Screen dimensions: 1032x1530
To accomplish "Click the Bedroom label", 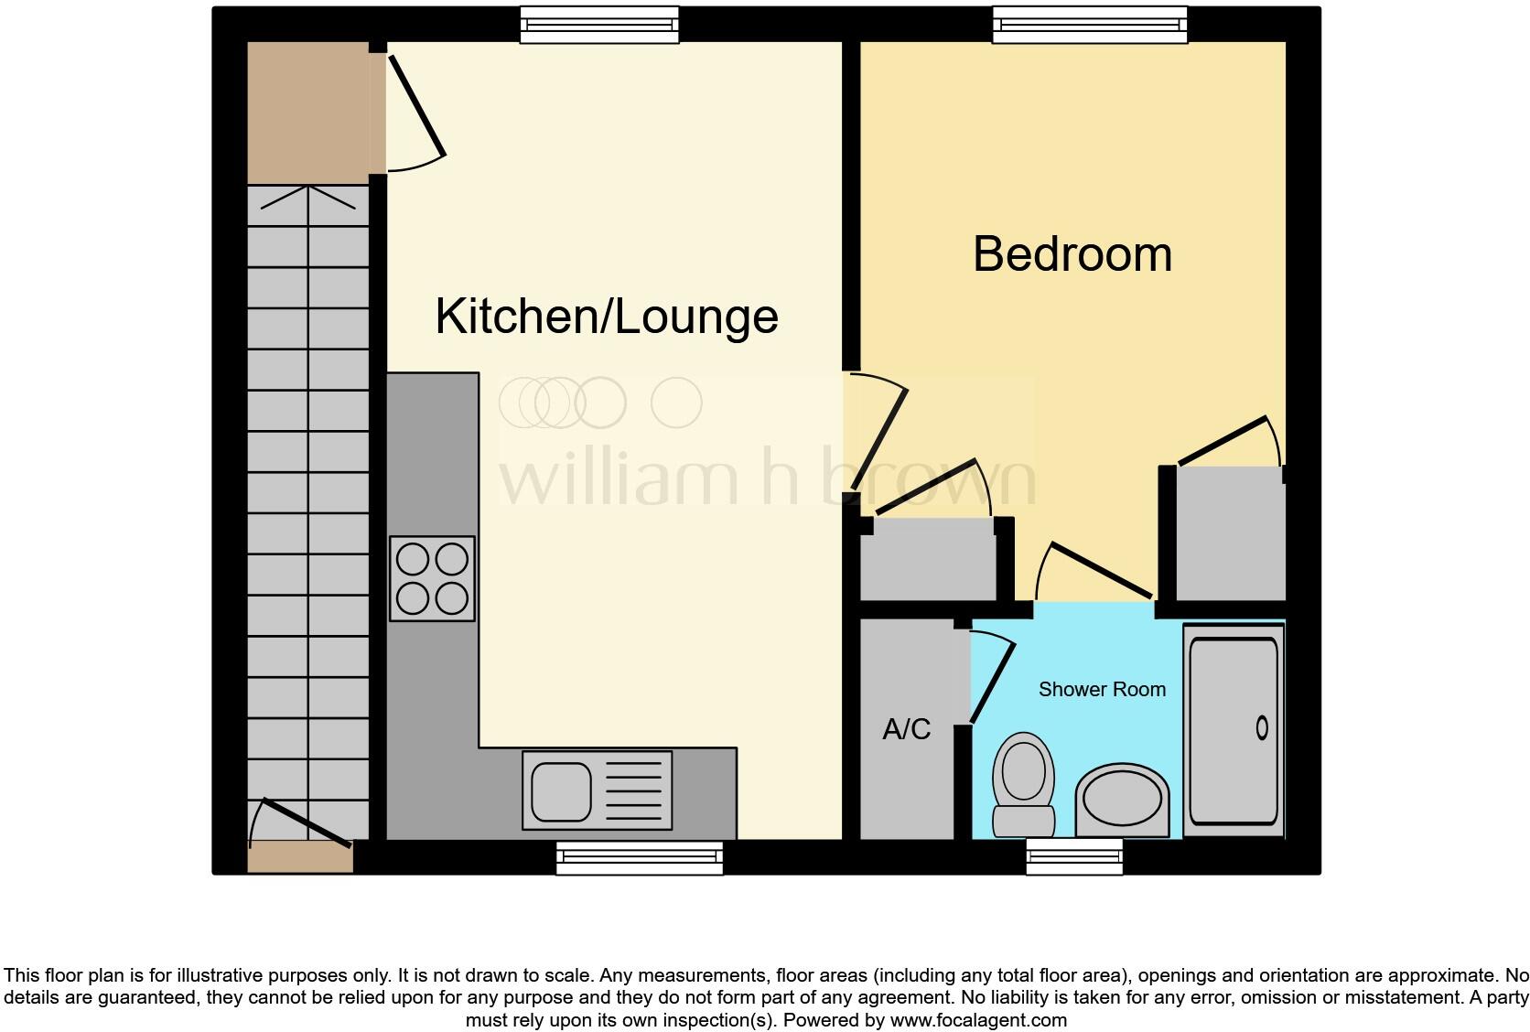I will pyautogui.click(x=1072, y=254).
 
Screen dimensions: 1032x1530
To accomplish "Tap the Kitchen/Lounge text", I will pyautogui.click(x=606, y=317).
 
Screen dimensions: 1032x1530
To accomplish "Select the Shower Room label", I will pyautogui.click(x=1102, y=690).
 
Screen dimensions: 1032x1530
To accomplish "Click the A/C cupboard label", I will pyautogui.click(x=906, y=729).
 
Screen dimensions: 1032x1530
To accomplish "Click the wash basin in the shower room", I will pyautogui.click(x=1123, y=801).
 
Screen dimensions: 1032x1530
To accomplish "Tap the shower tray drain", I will pyautogui.click(x=1262, y=728).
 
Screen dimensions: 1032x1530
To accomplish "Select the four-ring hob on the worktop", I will pyautogui.click(x=433, y=578).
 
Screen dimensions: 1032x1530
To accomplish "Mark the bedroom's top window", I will pyautogui.click(x=1089, y=25).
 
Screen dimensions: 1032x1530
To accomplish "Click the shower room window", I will pyautogui.click(x=1074, y=856).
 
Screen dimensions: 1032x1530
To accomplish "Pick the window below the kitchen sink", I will pyautogui.click(x=640, y=857).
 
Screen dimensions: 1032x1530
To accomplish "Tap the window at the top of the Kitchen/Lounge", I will pyautogui.click(x=599, y=25).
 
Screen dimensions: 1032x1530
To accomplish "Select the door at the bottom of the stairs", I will pyautogui.click(x=304, y=822).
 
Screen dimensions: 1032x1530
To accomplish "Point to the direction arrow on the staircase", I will pyautogui.click(x=308, y=197).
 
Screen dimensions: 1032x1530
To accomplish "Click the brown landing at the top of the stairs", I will pyautogui.click(x=309, y=112).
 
